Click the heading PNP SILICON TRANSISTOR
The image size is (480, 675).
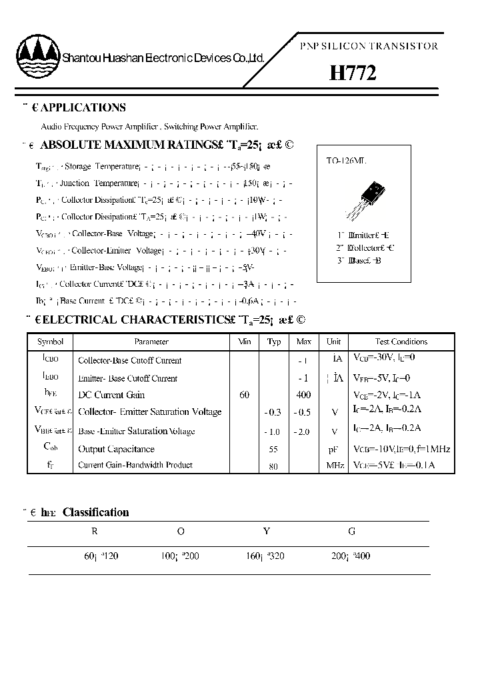point(369,46)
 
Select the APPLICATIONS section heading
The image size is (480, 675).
point(83,107)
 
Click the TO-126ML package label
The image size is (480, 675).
point(346,161)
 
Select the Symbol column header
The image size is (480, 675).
point(51,342)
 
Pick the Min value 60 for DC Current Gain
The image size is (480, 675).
point(245,395)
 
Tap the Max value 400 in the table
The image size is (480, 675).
point(304,395)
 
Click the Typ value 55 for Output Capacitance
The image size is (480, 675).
point(273,449)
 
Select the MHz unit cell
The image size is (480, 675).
point(334,466)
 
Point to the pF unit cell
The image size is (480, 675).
point(334,449)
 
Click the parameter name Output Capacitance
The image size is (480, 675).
point(116,449)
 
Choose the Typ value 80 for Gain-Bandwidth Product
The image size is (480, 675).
point(273,466)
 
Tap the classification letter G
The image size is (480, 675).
point(351,532)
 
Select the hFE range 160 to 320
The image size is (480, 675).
point(265,555)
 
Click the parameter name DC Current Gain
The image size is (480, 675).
point(111,395)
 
